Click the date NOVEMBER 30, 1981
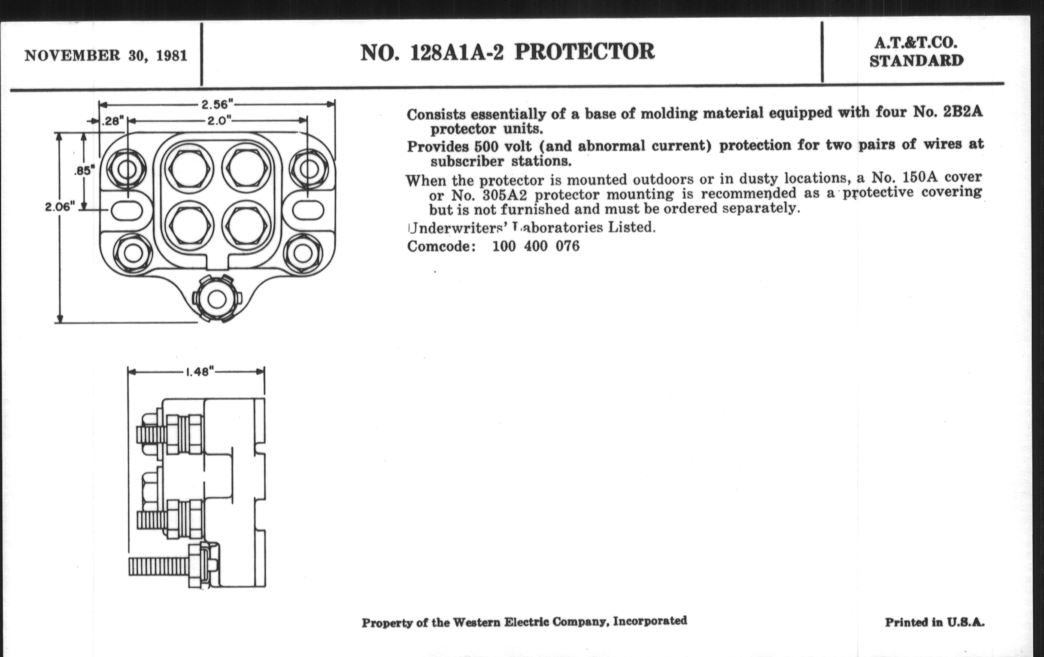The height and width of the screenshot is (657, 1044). point(106,56)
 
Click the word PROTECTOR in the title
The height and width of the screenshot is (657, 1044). point(584,52)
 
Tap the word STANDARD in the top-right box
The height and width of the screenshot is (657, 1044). point(916,61)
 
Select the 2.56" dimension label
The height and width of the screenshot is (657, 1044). point(217,104)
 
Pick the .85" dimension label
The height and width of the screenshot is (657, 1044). point(84,170)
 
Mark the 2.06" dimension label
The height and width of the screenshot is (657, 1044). point(60,207)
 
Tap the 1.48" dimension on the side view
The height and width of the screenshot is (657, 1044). point(200,372)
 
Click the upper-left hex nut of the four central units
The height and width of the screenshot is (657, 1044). point(190,168)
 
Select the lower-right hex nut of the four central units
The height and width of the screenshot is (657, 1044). point(246,225)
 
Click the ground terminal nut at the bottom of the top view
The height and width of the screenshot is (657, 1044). point(217,299)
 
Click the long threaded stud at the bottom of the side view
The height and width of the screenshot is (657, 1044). point(159,567)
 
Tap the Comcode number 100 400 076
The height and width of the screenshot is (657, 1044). point(536,246)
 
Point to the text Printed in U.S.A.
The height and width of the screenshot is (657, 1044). point(934,623)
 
